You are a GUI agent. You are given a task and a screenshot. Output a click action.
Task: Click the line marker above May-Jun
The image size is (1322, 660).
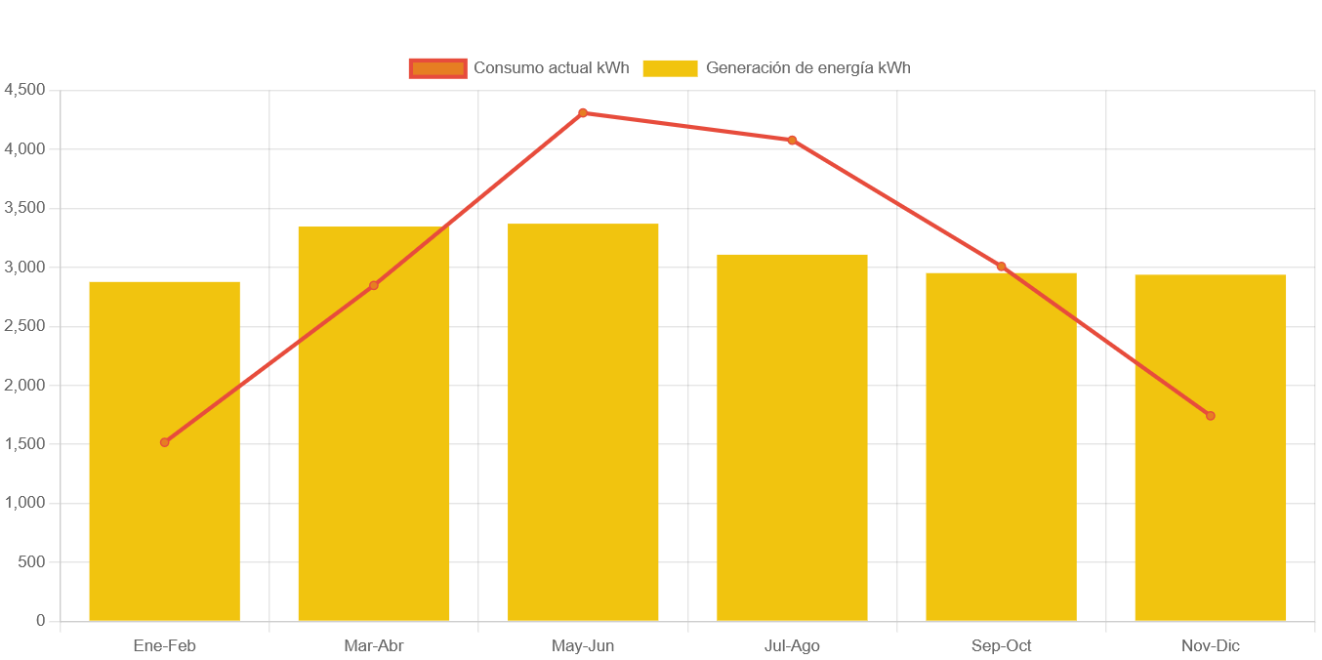point(583,113)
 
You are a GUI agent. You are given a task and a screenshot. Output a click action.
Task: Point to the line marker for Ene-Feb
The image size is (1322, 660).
point(165,442)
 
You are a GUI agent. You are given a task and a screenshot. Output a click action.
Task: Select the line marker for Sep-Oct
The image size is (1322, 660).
point(1001,267)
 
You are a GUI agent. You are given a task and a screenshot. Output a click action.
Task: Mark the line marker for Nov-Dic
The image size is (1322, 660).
point(1210,416)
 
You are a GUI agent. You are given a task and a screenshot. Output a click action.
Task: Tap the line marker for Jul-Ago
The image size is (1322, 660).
point(792,140)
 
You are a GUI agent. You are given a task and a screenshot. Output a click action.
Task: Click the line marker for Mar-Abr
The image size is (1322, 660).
point(374,285)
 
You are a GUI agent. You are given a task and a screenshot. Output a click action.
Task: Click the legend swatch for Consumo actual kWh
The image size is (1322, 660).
point(437,68)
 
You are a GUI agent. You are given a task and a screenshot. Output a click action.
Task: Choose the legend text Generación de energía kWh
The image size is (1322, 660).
point(807,68)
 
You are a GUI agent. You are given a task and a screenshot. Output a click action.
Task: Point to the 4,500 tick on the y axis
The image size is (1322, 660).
point(24,90)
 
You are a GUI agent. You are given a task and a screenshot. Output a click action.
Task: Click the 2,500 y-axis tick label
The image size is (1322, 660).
point(24,326)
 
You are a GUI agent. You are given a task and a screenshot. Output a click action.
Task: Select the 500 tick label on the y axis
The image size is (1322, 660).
point(32,562)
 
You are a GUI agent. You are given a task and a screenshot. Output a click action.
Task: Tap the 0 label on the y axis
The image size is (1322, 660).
point(40,621)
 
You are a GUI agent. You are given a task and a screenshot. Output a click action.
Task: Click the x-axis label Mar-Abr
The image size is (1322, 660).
point(374,646)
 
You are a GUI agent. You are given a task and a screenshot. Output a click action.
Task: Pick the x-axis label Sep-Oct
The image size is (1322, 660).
point(1001,646)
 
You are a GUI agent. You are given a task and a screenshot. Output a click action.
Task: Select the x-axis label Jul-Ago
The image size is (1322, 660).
point(792,646)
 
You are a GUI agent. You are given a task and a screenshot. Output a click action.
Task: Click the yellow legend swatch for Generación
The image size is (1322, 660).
point(670,68)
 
